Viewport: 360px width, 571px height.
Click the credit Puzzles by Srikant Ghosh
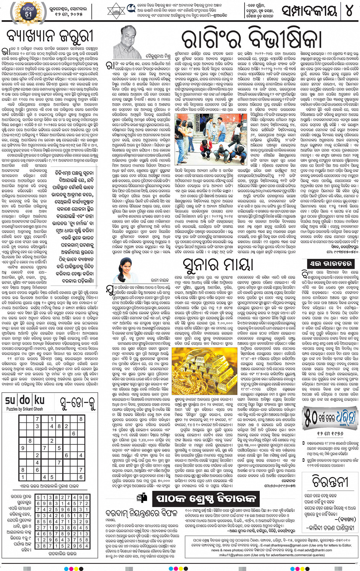[25, 409]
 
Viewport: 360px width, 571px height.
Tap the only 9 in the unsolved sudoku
[23, 448]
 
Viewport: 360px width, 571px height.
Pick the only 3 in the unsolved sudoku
[37, 426]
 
